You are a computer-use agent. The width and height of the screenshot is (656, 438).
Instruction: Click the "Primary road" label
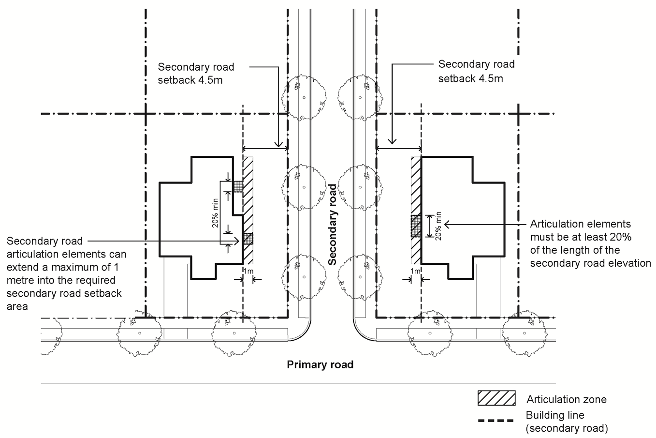pyautogui.click(x=320, y=364)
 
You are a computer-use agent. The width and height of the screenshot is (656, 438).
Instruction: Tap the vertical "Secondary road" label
pyautogui.click(x=332, y=224)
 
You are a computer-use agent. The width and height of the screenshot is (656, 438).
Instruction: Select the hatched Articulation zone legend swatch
pyautogui.click(x=496, y=398)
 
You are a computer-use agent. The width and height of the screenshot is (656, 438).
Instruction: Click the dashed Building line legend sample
pyautogui.click(x=496, y=421)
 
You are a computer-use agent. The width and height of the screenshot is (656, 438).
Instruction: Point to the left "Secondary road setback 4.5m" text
pyautogui.click(x=196, y=74)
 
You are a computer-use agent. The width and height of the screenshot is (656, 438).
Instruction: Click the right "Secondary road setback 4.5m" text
pyautogui.click(x=476, y=71)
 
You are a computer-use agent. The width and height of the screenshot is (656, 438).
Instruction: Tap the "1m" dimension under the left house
pyautogui.click(x=248, y=272)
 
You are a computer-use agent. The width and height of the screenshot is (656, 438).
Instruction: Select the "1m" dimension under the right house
pyautogui.click(x=415, y=272)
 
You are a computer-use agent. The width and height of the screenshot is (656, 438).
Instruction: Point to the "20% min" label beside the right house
pyautogui.click(x=438, y=226)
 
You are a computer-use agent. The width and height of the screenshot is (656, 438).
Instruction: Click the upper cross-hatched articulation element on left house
pyautogui.click(x=237, y=186)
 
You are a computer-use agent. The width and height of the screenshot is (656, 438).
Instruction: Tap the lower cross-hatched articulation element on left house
pyautogui.click(x=248, y=238)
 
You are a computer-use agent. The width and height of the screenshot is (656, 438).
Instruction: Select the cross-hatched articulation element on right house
pyautogui.click(x=416, y=226)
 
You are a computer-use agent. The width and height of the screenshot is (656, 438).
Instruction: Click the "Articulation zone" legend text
pyautogui.click(x=566, y=399)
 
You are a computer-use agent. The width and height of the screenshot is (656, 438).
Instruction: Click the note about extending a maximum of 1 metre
pyautogui.click(x=66, y=273)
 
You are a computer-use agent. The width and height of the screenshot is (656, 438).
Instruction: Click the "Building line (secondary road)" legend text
pyautogui.click(x=567, y=422)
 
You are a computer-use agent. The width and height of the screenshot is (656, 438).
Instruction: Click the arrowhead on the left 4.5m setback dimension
pyautogui.click(x=278, y=144)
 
